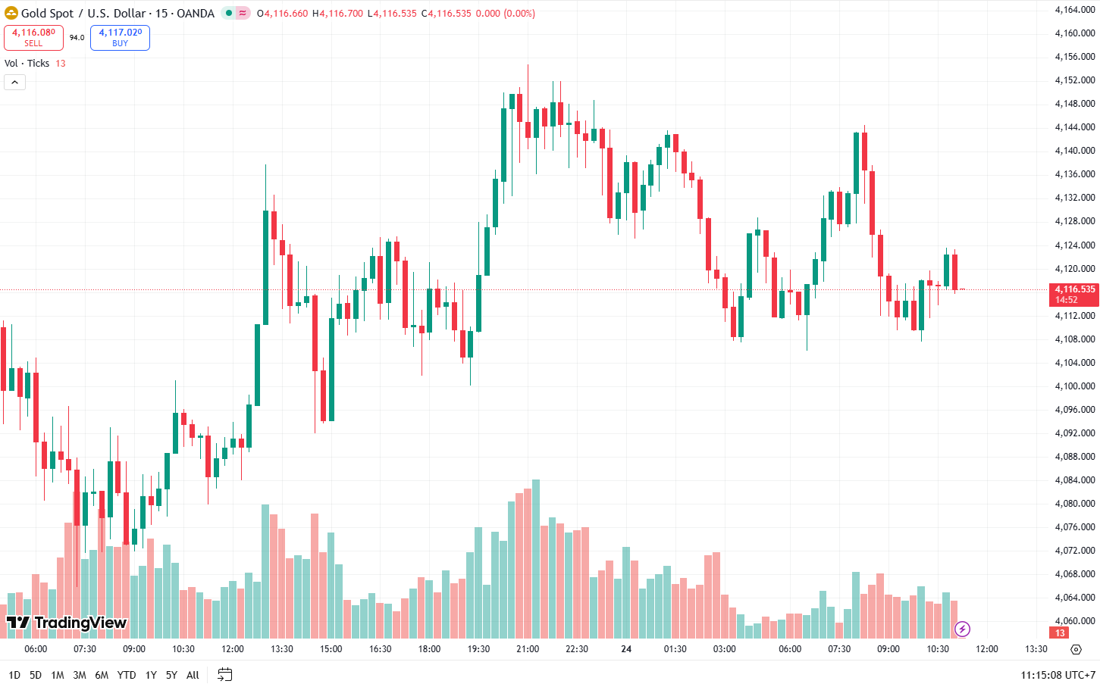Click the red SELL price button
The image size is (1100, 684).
[33, 37]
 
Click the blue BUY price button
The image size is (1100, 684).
[120, 37]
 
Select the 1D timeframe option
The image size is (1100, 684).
[14, 675]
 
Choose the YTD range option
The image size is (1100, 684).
[127, 675]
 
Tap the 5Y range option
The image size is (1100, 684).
[171, 675]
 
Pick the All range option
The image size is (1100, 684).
[193, 675]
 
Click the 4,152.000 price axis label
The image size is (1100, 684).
[1074, 80]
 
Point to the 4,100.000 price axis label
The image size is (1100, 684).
[1074, 386]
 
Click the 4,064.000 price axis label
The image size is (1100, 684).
[1074, 598]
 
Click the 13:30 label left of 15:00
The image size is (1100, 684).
[281, 649]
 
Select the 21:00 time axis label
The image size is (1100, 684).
[528, 649]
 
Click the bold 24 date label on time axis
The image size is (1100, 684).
[626, 649]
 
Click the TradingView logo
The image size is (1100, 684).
[67, 623]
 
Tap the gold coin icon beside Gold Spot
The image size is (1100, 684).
[11, 13]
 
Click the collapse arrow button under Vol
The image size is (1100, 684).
[14, 82]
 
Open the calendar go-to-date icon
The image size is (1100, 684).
[224, 674]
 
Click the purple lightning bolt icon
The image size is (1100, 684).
[962, 629]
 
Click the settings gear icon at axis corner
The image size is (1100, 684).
[1076, 649]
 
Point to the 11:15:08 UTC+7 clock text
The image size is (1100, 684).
[1058, 675]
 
